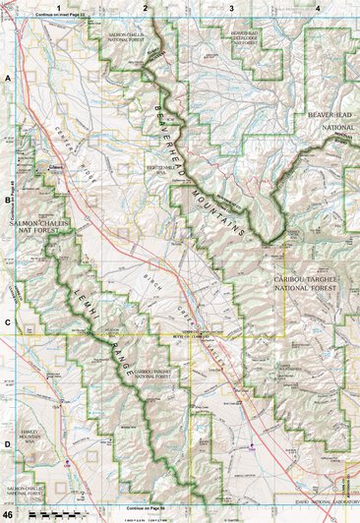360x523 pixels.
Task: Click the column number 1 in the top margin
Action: pos(59,8)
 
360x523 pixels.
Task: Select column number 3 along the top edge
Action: pos(230,8)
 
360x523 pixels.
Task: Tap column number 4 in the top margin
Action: pos(317,8)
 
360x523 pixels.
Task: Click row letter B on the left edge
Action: pos(7,199)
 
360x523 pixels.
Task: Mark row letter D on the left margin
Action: pos(7,444)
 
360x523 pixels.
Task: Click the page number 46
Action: pos(8,514)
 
